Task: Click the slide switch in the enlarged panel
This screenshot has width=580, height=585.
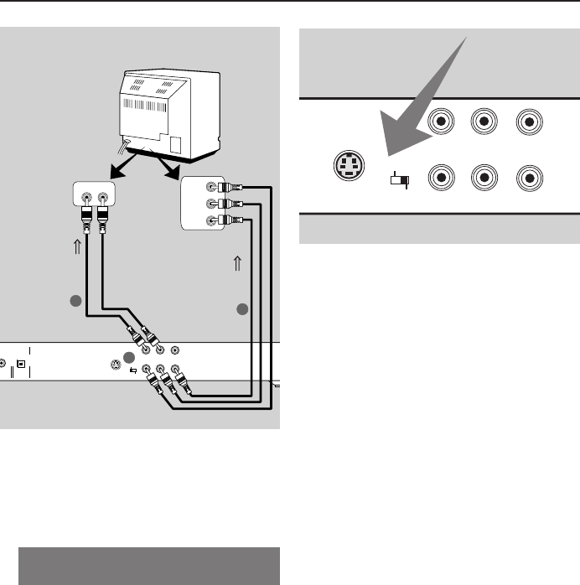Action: pos(398,179)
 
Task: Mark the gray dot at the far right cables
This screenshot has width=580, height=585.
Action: pos(243,310)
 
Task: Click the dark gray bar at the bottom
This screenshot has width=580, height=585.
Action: pos(148,566)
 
